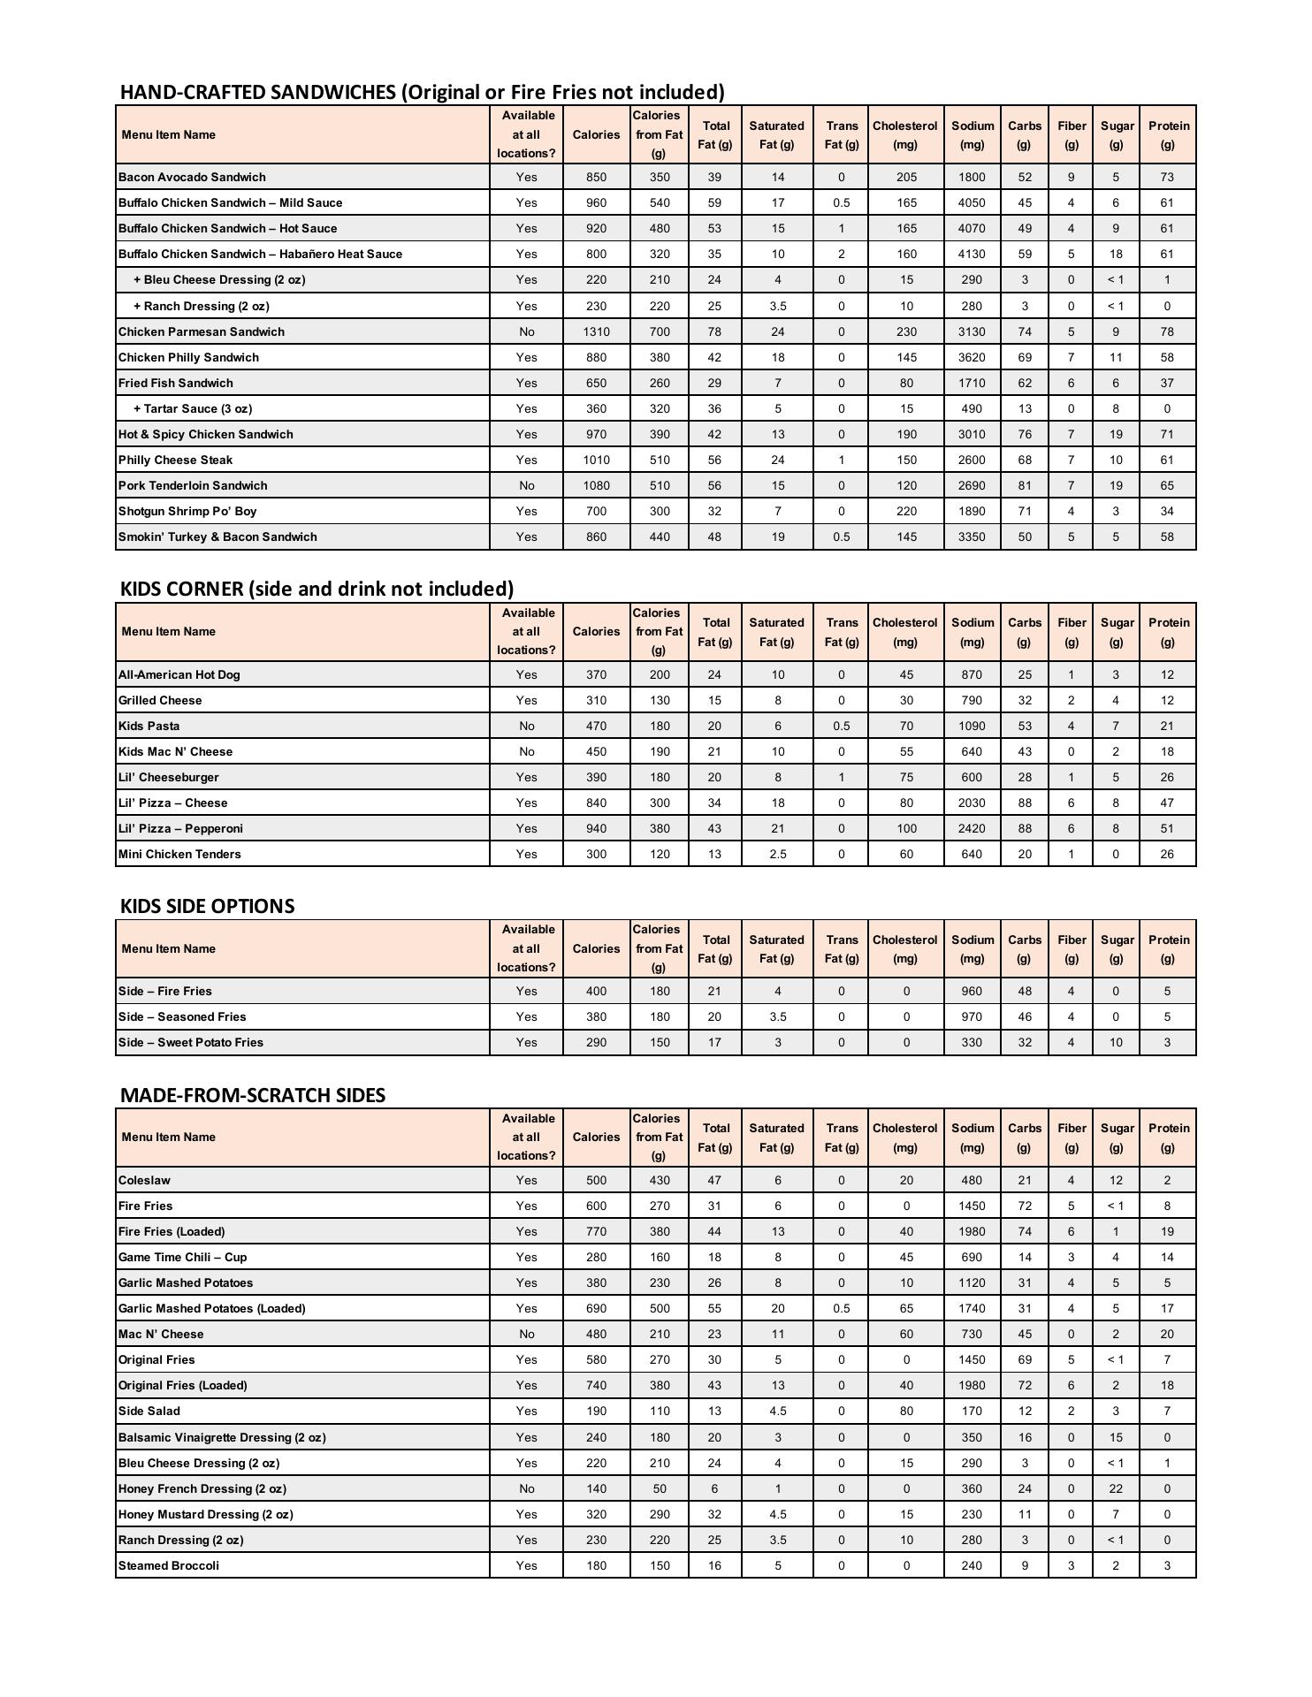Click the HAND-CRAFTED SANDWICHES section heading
(422, 92)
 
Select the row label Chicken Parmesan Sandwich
(202, 331)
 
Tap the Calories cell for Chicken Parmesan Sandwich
(596, 331)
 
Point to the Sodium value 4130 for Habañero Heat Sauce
(971, 254)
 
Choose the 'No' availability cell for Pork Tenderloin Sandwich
(526, 485)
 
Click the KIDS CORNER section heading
(317, 589)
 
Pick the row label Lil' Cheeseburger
(169, 777)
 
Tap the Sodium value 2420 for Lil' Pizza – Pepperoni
(971, 828)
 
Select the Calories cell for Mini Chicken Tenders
(596, 854)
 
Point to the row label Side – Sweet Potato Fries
(191, 1042)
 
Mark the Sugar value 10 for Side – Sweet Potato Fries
(1116, 1042)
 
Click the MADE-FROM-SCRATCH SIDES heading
(252, 1095)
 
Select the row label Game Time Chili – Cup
(183, 1257)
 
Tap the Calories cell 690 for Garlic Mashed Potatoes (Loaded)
(596, 1308)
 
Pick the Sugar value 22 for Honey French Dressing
(1116, 1488)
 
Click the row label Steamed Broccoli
(169, 1565)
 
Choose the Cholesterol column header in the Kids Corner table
(904, 632)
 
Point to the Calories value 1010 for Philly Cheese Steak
(596, 460)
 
